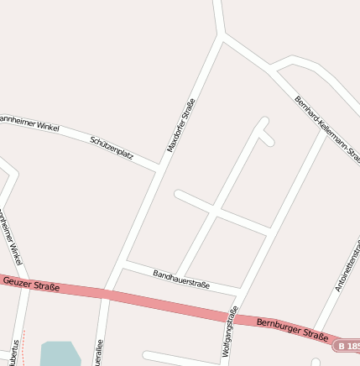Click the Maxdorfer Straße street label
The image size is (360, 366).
pyautogui.click(x=181, y=125)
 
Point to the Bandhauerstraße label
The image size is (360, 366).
pyautogui.click(x=181, y=279)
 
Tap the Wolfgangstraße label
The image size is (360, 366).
pyautogui.click(x=229, y=334)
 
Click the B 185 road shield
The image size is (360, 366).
pyautogui.click(x=349, y=345)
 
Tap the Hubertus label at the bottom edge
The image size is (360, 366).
pyautogui.click(x=15, y=354)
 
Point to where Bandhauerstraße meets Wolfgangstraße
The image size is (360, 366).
pyautogui.click(x=240, y=291)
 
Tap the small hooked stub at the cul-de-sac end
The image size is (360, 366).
pyautogui.click(x=266, y=137)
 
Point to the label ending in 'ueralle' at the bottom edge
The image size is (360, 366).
pyautogui.click(x=99, y=353)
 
